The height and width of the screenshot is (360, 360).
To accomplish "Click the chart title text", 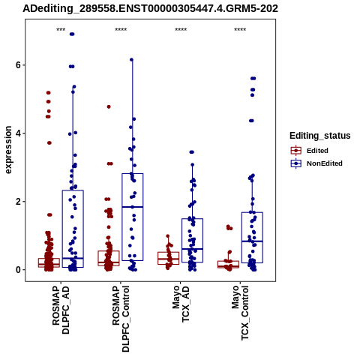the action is point(150,9).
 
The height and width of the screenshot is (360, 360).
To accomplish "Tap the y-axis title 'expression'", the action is point(8,150).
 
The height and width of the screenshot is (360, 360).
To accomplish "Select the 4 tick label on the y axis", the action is point(18,133).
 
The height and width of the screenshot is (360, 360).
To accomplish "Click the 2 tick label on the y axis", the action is point(18,202).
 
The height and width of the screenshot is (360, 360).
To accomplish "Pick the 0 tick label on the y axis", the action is point(18,270).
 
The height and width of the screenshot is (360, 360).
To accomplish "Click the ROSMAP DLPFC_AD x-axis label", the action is point(61,310).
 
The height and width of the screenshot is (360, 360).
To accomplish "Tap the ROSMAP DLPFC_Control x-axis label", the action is point(121,319).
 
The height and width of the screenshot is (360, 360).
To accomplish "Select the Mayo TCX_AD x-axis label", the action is point(181,304).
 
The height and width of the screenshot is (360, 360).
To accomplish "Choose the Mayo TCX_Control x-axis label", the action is point(241,313).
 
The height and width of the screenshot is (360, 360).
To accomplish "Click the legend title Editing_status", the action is point(320,136).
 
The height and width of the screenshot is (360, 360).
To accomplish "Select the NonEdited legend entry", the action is point(316,163).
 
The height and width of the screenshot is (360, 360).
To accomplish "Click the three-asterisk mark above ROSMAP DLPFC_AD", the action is point(61,29).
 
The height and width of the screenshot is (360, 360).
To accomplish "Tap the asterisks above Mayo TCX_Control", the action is point(240,29).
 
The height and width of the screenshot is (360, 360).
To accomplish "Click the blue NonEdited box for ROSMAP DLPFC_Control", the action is point(133,173).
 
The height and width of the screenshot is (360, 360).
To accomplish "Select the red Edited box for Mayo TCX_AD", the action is point(169,252).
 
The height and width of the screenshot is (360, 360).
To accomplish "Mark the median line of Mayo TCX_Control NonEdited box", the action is point(252,241).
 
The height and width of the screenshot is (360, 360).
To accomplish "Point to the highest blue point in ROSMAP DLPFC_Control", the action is point(132,59).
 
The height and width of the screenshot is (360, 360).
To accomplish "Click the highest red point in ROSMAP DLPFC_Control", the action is point(109,106).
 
